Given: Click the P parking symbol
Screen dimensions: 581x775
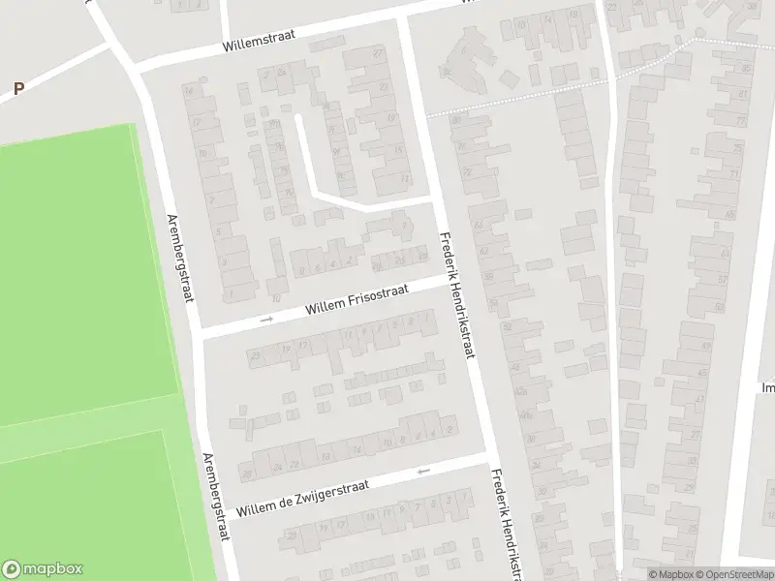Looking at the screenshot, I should pos(18,88).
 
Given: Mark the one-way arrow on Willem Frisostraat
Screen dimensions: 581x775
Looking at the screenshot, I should pos(267,319).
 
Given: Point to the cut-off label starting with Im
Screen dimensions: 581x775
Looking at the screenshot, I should pos(767,387).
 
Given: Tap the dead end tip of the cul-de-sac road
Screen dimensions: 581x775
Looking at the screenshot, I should pos(297,118).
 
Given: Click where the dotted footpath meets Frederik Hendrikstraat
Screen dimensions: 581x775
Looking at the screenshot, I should pos(427,115).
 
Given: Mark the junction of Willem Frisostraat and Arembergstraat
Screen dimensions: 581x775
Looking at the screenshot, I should pos(200,333).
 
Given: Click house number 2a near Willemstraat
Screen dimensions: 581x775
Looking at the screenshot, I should pos(281,73).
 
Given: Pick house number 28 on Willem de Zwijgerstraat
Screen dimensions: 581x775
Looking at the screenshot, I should pos(248,474).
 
